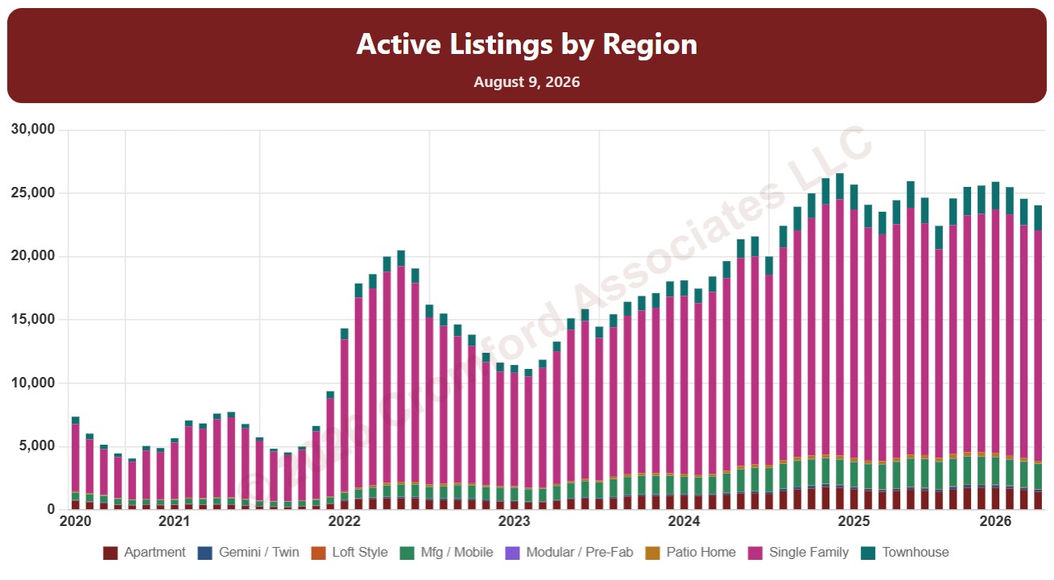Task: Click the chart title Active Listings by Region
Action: click(x=527, y=44)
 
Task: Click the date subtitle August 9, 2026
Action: click(x=527, y=82)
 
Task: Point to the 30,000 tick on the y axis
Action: click(x=33, y=129)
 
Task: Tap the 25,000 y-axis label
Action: click(x=33, y=193)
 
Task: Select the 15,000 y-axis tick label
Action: click(x=33, y=319)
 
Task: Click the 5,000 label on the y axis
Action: click(x=37, y=445)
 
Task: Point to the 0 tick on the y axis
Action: click(x=51, y=509)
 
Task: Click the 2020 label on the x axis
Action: click(x=76, y=521)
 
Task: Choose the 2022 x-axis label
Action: click(x=344, y=521)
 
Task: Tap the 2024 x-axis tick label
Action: click(x=684, y=521)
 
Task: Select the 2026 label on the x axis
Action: click(x=995, y=521)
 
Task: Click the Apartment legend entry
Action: click(x=144, y=553)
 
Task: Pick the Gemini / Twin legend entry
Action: click(x=249, y=553)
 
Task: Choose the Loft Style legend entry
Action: click(x=349, y=553)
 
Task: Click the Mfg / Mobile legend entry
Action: click(x=447, y=553)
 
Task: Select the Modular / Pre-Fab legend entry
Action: click(x=569, y=553)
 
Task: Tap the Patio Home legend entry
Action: click(x=691, y=553)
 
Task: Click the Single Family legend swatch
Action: click(x=755, y=553)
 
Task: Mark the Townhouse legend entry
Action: click(x=905, y=553)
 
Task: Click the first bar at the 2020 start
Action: click(x=76, y=462)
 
